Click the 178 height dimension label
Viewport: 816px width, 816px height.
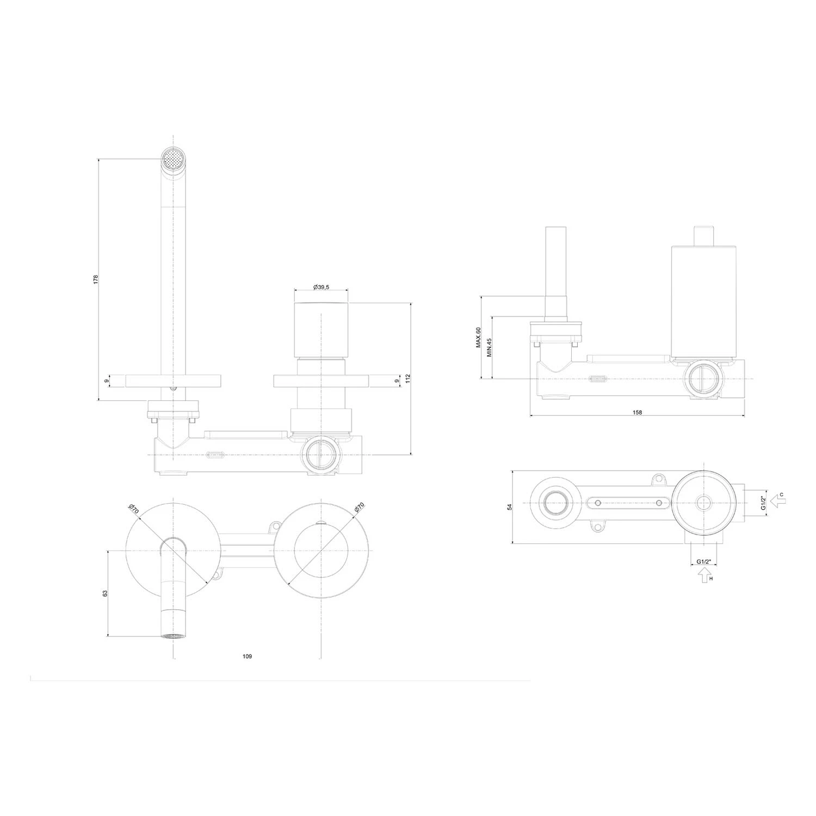tap(96, 279)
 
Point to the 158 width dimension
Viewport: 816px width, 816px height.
tap(638, 412)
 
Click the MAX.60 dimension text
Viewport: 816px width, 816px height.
tap(478, 337)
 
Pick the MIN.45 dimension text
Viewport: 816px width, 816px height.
tap(489, 347)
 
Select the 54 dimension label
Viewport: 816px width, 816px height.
tap(510, 506)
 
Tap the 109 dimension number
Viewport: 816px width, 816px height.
tap(247, 657)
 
